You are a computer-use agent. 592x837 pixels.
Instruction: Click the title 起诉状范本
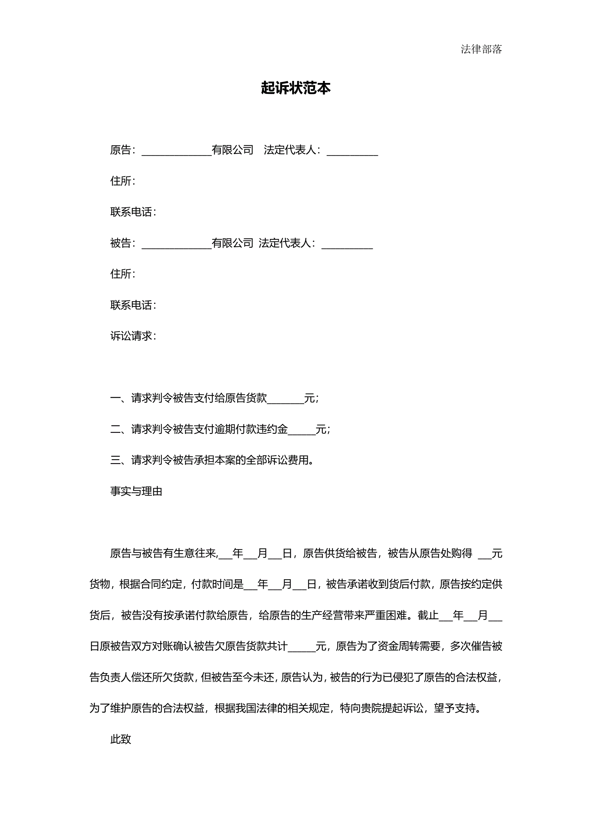(296, 88)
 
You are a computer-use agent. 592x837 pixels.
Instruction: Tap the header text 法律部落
(481, 49)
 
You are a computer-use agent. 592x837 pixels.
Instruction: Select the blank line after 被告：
(176, 244)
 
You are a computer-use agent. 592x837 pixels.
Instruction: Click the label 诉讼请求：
(133, 336)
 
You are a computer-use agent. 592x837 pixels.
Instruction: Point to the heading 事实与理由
(136, 491)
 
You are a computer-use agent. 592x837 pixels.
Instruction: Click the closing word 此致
(121, 739)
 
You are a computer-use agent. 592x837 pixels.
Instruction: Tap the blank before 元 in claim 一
(286, 399)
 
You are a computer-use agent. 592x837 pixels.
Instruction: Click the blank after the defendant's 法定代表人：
(347, 244)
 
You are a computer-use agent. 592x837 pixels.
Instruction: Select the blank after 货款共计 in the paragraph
(301, 646)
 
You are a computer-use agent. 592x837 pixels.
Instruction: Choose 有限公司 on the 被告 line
(232, 243)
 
